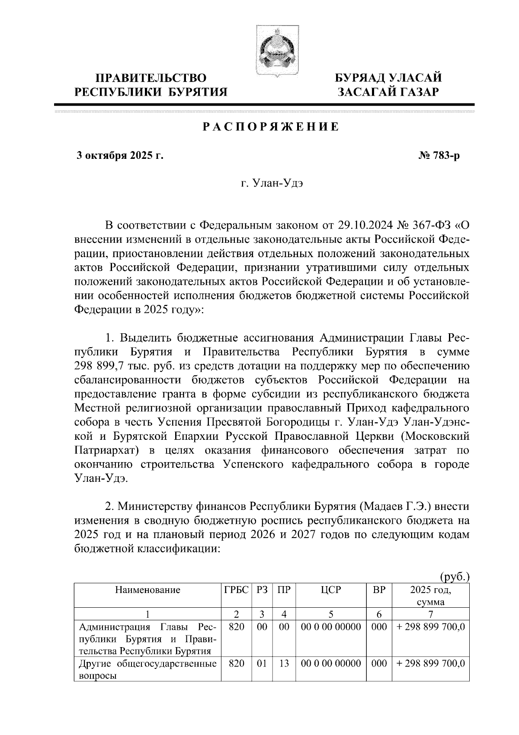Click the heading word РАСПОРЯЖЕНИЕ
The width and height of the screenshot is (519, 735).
[271, 127]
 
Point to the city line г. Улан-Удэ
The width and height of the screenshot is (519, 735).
[272, 184]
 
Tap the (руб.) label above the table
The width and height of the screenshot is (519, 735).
[454, 577]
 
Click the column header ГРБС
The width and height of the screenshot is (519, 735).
[236, 590]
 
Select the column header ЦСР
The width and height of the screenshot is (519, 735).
[331, 590]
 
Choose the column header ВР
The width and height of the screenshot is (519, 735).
[379, 590]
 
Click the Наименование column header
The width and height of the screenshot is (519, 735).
[147, 590]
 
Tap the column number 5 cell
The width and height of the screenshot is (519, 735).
[331, 613]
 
